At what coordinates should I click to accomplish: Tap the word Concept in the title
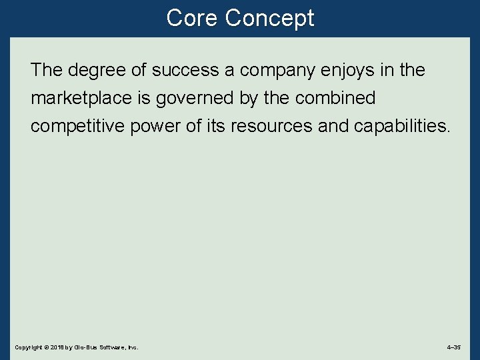coord(269,18)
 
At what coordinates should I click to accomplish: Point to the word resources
coord(272,127)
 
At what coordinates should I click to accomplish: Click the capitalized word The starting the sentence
coord(46,70)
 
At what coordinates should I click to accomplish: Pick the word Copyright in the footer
coord(27,347)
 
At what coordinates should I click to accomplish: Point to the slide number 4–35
coord(453,347)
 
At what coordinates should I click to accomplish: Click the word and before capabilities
coord(333,127)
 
